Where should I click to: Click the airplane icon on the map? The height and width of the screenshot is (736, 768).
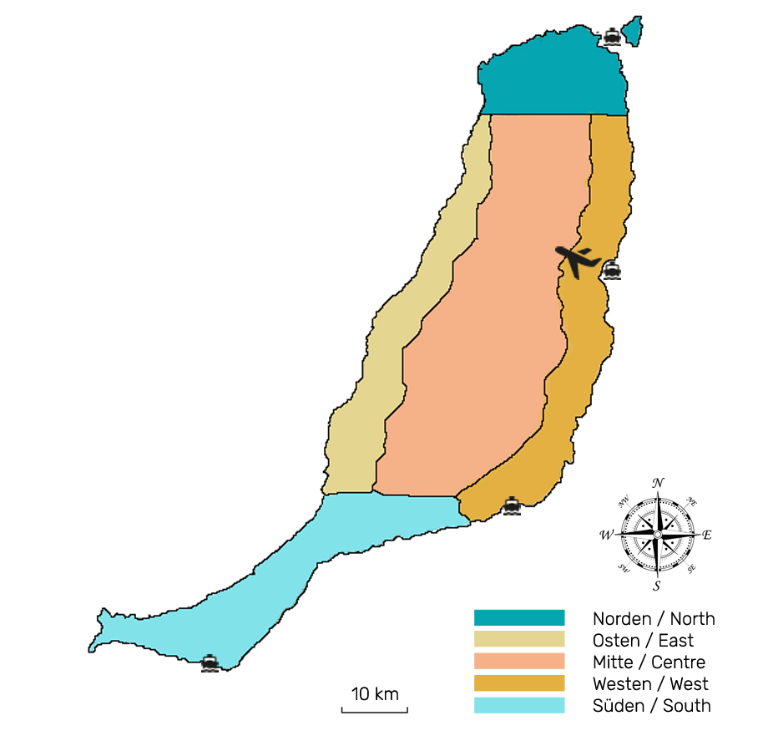click(x=578, y=259)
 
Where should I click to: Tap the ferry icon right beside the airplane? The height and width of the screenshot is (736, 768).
click(x=612, y=270)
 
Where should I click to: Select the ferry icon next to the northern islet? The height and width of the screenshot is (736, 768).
click(x=612, y=35)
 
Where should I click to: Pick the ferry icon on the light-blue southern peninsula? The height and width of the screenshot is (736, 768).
click(x=210, y=662)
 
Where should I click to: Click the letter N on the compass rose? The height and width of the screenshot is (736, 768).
click(x=658, y=483)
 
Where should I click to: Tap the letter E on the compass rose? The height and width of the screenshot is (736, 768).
click(x=707, y=535)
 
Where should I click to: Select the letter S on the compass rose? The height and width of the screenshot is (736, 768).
click(x=657, y=586)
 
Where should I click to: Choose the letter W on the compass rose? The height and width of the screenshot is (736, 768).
click(x=606, y=535)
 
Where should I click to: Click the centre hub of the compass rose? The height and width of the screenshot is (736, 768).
click(x=657, y=534)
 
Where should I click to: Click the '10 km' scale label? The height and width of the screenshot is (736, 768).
click(x=375, y=693)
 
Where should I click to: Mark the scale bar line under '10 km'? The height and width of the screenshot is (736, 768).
click(x=375, y=712)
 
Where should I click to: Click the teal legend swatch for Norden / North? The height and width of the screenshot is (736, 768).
click(x=519, y=618)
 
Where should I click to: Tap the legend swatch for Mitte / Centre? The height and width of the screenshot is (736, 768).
click(x=519, y=662)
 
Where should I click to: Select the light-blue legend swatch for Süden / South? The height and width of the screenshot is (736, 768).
click(x=519, y=705)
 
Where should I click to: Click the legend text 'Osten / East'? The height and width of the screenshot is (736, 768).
click(x=643, y=641)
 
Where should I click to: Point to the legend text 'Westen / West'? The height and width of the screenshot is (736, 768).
click(x=650, y=684)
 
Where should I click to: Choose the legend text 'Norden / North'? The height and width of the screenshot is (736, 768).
click(x=654, y=619)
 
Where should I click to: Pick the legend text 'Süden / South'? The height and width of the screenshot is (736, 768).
click(x=651, y=706)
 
